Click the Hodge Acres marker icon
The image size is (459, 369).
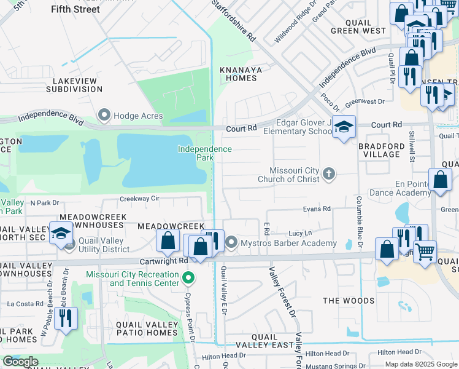[104, 116]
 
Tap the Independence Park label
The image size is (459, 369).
[205, 153]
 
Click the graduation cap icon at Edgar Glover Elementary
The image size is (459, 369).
[344, 126]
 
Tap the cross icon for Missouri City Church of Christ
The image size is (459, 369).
[329, 174]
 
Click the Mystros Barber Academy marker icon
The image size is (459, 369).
[231, 243]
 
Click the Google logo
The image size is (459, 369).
[21, 361]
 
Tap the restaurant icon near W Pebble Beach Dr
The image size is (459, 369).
[66, 317]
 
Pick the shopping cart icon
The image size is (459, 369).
[425, 251]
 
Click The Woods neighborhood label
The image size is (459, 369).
[349, 301]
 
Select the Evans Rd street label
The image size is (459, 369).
[317, 209]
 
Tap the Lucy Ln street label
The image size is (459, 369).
[300, 233]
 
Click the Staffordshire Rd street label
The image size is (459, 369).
[233, 20]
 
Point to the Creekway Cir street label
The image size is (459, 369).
[139, 199]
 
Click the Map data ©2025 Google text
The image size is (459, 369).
[420, 364]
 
